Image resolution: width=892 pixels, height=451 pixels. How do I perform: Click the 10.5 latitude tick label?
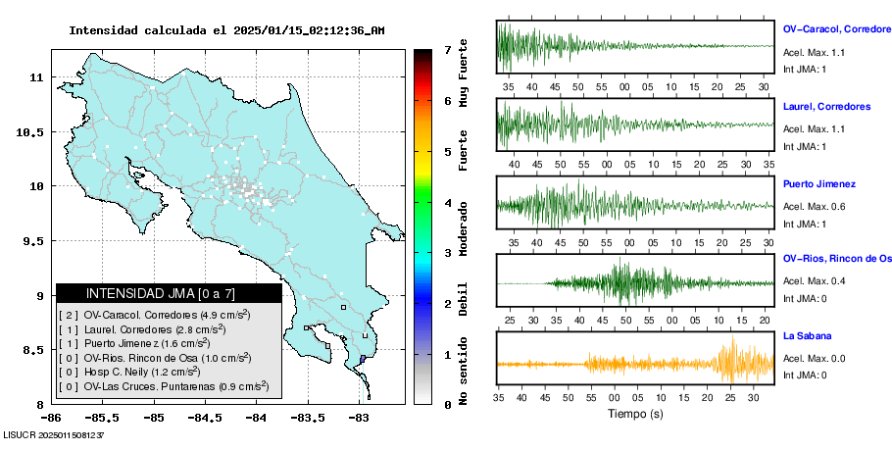pyautogui.click(x=31, y=131)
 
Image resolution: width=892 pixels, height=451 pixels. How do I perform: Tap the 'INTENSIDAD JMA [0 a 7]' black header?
pyautogui.click(x=169, y=293)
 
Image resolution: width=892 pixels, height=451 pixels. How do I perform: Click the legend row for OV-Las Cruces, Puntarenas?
pyautogui.click(x=163, y=387)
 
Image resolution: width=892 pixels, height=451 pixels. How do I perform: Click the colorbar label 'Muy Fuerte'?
pyautogui.click(x=464, y=74)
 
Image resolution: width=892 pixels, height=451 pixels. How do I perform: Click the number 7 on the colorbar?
pyautogui.click(x=447, y=49)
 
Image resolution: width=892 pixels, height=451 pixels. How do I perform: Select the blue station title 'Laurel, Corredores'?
pyautogui.click(x=826, y=106)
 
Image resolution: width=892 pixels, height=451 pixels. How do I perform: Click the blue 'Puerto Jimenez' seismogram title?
pyautogui.click(x=819, y=183)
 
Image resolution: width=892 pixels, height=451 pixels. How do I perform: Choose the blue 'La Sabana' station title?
pyautogui.click(x=807, y=336)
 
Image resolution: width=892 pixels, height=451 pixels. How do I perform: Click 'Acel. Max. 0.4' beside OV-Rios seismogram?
pyautogui.click(x=815, y=282)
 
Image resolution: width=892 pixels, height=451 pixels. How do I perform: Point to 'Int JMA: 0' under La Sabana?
pyautogui.click(x=805, y=375)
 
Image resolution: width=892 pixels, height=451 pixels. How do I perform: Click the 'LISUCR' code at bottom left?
pyautogui.click(x=22, y=433)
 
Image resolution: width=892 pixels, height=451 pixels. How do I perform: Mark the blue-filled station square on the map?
pyautogui.click(x=363, y=360)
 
